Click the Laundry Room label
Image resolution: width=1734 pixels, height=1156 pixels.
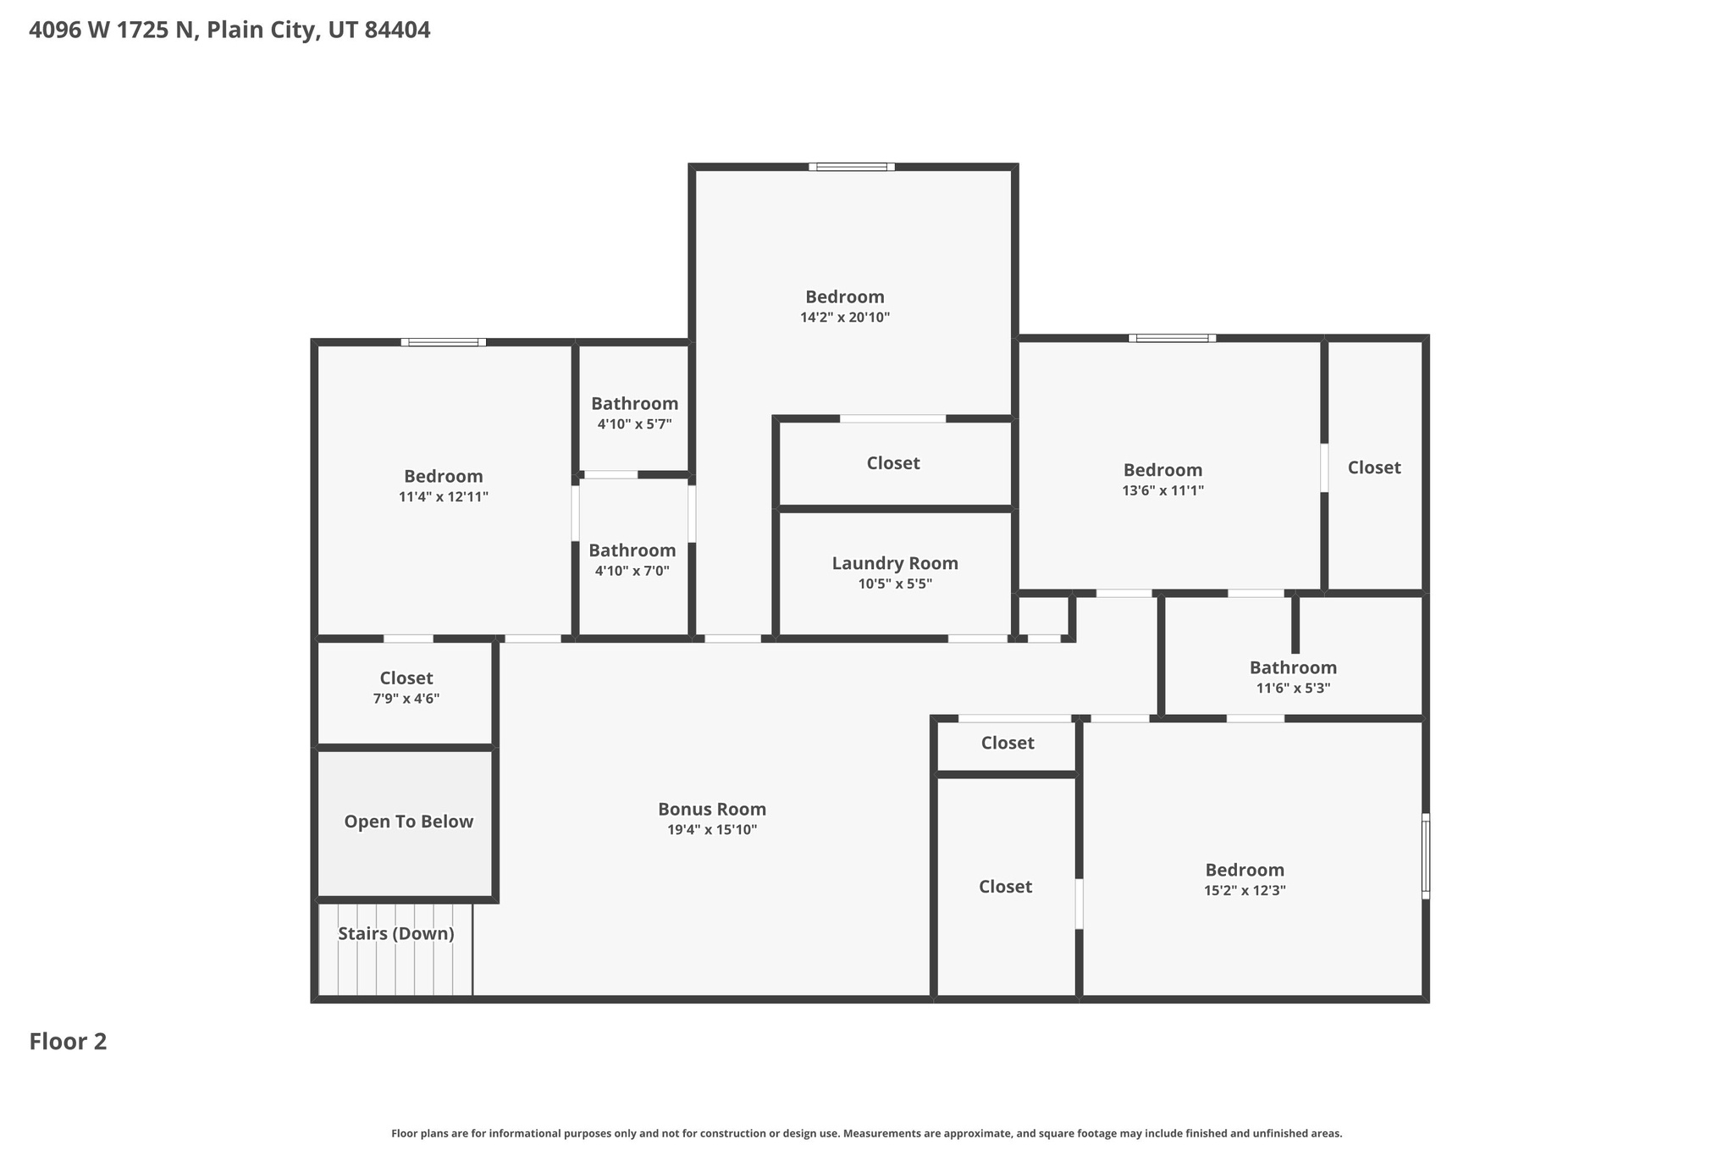[x=895, y=563]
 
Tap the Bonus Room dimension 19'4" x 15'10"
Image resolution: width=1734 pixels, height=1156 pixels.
[x=712, y=830]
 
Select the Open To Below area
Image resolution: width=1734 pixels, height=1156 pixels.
[x=408, y=822]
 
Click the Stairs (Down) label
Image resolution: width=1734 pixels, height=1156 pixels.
[x=396, y=934]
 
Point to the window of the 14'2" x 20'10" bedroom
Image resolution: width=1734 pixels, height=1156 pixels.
[x=851, y=167]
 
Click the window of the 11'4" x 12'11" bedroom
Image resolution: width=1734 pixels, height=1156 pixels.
[x=444, y=342]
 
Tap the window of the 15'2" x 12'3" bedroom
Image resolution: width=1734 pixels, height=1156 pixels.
[x=1425, y=856]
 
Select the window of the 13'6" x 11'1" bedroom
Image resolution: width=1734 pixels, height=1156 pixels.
[x=1172, y=338]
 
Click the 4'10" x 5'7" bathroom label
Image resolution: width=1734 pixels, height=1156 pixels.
[x=634, y=404]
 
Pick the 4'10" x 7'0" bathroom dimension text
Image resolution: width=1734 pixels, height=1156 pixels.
[x=632, y=572]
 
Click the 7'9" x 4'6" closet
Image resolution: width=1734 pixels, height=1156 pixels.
[x=406, y=688]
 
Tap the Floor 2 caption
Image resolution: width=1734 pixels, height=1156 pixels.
[x=68, y=1042]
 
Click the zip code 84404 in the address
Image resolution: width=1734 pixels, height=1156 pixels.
[x=397, y=30]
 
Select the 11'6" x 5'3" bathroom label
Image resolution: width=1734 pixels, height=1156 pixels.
[x=1293, y=668]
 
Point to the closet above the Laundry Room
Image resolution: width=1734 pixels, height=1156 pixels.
[x=893, y=463]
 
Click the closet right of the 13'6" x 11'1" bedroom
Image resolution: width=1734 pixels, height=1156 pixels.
[x=1374, y=467]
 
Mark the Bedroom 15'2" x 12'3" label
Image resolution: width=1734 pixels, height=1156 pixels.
[x=1245, y=870]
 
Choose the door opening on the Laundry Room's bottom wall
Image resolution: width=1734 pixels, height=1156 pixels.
[x=976, y=638]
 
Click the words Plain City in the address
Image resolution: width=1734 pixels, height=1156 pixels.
[x=262, y=30]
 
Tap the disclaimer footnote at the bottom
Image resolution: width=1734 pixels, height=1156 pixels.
[x=866, y=1133]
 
